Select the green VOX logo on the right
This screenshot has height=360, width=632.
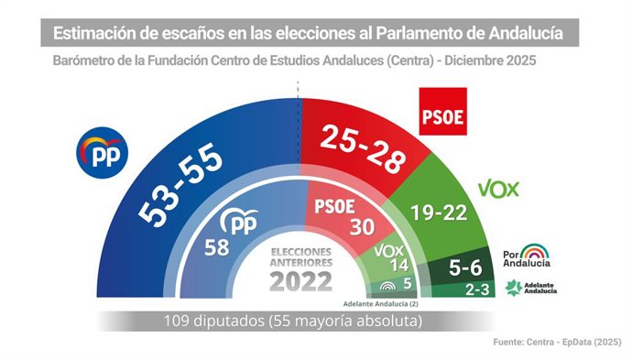click(498, 190)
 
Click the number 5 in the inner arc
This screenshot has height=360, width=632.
click(407, 285)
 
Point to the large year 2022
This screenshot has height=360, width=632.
click(300, 279)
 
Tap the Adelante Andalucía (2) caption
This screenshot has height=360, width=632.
click(380, 303)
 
